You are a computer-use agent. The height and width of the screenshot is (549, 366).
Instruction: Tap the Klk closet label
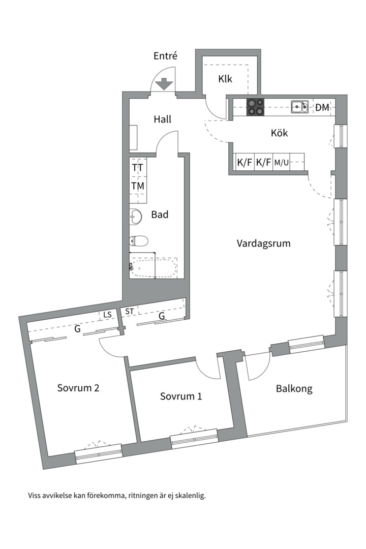225,79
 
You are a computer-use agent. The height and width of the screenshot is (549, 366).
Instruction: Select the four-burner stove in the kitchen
255,107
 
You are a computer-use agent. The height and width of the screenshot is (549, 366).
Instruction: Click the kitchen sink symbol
299,107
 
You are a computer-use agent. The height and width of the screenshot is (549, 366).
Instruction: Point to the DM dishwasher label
322,107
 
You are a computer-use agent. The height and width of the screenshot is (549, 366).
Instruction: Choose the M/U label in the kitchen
282,163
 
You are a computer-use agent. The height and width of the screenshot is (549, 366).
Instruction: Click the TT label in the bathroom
137,167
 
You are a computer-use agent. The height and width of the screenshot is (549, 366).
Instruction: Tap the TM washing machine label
137,186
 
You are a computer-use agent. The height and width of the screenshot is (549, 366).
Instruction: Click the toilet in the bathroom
139,240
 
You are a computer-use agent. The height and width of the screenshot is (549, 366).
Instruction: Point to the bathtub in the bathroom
154,267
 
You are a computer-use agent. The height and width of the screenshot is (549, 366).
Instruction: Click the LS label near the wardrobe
107,315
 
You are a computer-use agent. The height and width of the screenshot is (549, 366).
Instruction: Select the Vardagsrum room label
263,243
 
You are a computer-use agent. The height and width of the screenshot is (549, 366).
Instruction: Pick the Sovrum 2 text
78,388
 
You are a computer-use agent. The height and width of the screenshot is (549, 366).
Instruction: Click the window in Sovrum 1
194,439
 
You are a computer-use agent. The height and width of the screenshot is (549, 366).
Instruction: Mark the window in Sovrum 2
99,453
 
